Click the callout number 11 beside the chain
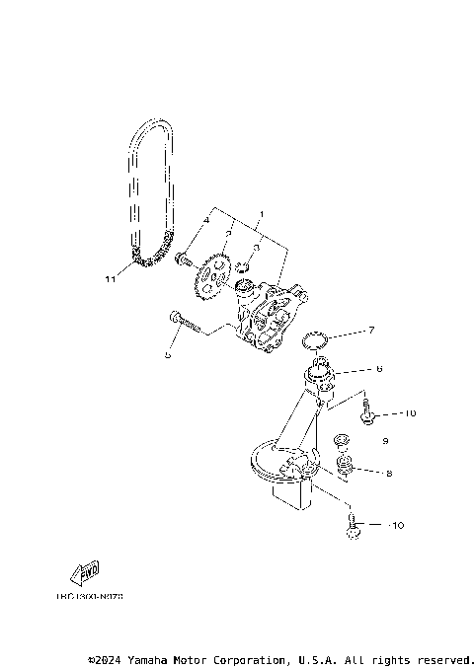[111, 279]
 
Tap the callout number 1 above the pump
[261, 214]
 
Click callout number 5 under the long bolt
[168, 355]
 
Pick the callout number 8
[389, 474]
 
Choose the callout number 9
[385, 441]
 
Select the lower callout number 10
[397, 526]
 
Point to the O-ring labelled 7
[315, 340]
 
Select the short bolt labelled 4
[182, 260]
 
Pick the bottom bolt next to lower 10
[353, 530]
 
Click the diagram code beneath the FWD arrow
[83, 596]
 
